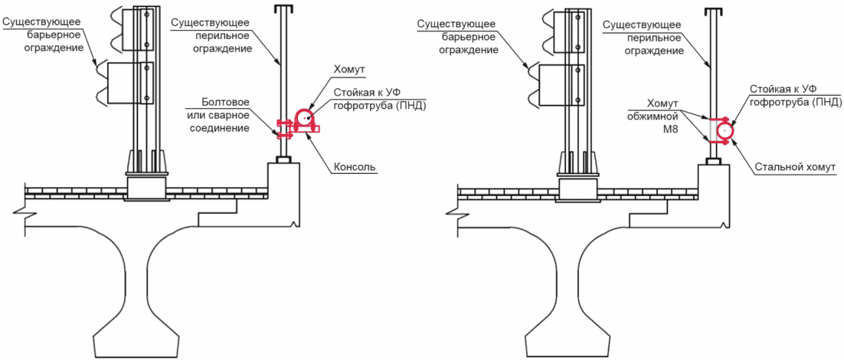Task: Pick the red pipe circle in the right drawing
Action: coord(726,129)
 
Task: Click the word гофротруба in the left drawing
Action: coord(360,105)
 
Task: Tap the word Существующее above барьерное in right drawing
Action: coord(457,25)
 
